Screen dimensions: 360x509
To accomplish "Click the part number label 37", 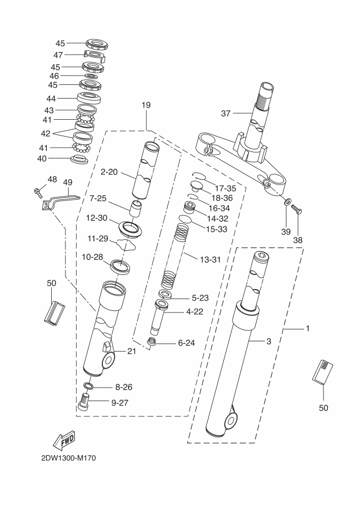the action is (x=225, y=113).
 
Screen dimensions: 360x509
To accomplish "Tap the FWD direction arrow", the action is (x=63, y=440).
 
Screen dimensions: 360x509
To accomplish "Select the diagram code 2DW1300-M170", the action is (x=69, y=458).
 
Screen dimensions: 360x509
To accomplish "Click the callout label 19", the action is (x=146, y=105).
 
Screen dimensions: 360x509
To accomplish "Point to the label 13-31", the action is (x=210, y=259).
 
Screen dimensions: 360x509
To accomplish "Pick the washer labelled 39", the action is (x=287, y=202).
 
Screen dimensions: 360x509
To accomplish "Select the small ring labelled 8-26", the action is (x=88, y=385).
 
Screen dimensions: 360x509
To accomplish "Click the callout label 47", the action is (x=58, y=55).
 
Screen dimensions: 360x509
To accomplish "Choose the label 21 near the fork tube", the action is (x=131, y=351).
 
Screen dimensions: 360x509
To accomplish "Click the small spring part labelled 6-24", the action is (x=150, y=341).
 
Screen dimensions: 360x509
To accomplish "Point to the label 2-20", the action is (x=109, y=171).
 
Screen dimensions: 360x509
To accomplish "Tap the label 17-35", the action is (x=225, y=188).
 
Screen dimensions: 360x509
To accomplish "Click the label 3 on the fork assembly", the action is (x=269, y=341).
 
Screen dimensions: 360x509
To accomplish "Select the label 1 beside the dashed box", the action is (x=308, y=328).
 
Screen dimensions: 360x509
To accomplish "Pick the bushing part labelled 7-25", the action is (x=137, y=208).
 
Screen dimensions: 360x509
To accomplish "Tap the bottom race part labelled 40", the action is (x=79, y=159).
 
